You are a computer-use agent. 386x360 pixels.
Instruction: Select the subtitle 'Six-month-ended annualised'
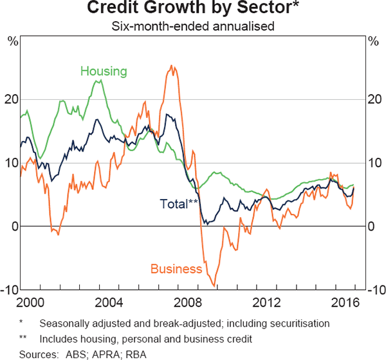pos(193,26)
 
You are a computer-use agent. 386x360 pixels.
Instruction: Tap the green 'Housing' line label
pos(104,71)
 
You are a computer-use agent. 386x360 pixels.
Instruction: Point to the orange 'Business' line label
pos(177,269)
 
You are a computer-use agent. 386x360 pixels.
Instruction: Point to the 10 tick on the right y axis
pos(374,163)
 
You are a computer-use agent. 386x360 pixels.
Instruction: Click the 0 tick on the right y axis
pos(371,226)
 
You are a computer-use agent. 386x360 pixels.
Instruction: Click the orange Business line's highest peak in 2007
pos(170,66)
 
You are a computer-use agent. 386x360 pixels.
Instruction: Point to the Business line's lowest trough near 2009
pos(214,286)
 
